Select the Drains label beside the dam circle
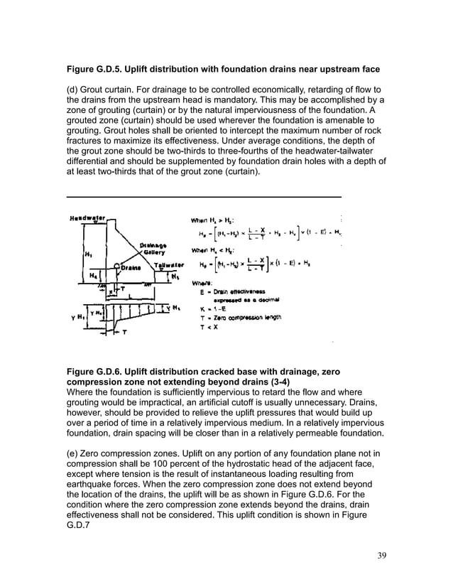pos(131,268)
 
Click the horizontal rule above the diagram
pos(203,196)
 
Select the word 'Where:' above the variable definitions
pos(210,282)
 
